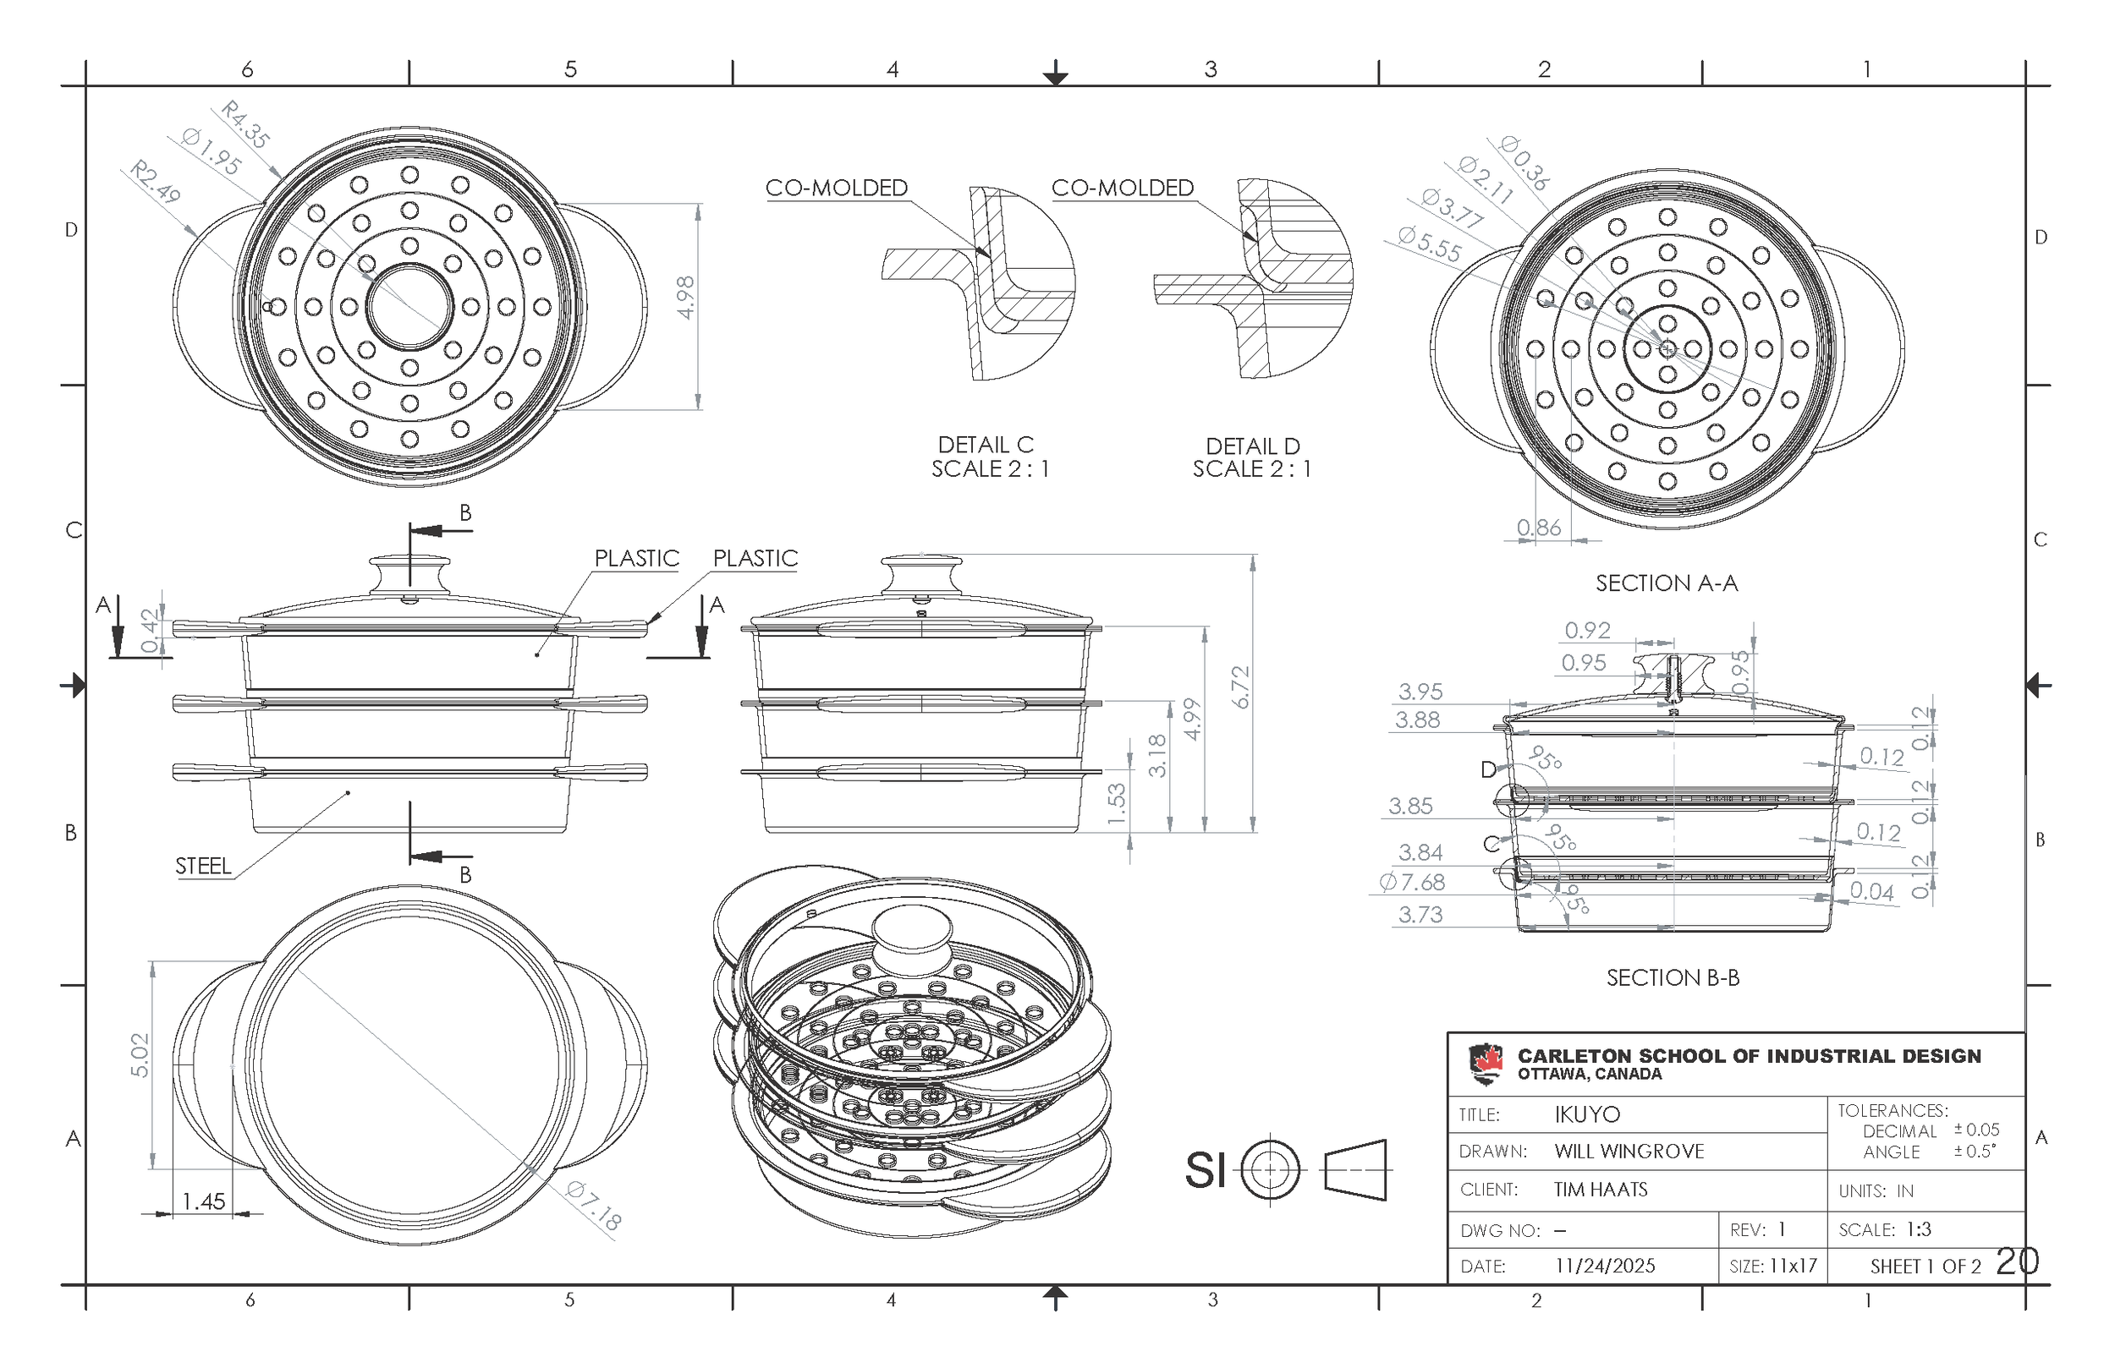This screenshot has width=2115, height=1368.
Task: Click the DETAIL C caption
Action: click(x=986, y=444)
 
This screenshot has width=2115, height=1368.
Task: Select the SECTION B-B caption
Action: click(x=1673, y=978)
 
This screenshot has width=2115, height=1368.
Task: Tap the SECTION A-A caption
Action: click(x=1667, y=583)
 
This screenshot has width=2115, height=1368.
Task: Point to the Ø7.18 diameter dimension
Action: click(x=594, y=1206)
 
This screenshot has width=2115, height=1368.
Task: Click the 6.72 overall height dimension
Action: click(x=1241, y=687)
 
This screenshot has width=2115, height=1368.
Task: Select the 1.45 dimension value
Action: click(x=204, y=1202)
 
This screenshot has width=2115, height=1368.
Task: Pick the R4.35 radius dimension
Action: click(x=244, y=124)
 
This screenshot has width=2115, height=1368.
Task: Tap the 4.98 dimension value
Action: click(x=685, y=298)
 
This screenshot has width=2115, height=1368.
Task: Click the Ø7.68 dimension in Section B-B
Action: click(x=1412, y=882)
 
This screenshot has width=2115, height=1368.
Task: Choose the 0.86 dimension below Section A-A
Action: click(x=1538, y=528)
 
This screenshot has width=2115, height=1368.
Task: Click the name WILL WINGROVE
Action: click(x=1629, y=1152)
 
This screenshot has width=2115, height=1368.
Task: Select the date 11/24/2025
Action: click(x=1605, y=1266)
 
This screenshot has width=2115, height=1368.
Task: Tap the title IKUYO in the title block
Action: click(x=1587, y=1115)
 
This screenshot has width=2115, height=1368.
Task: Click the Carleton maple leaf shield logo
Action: click(x=1486, y=1064)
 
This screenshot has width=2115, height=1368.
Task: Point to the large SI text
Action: click(x=1205, y=1170)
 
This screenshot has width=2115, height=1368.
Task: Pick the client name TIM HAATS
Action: click(x=1601, y=1190)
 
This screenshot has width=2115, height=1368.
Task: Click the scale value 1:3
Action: click(x=1919, y=1229)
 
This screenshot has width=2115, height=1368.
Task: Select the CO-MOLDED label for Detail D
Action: click(x=1123, y=189)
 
